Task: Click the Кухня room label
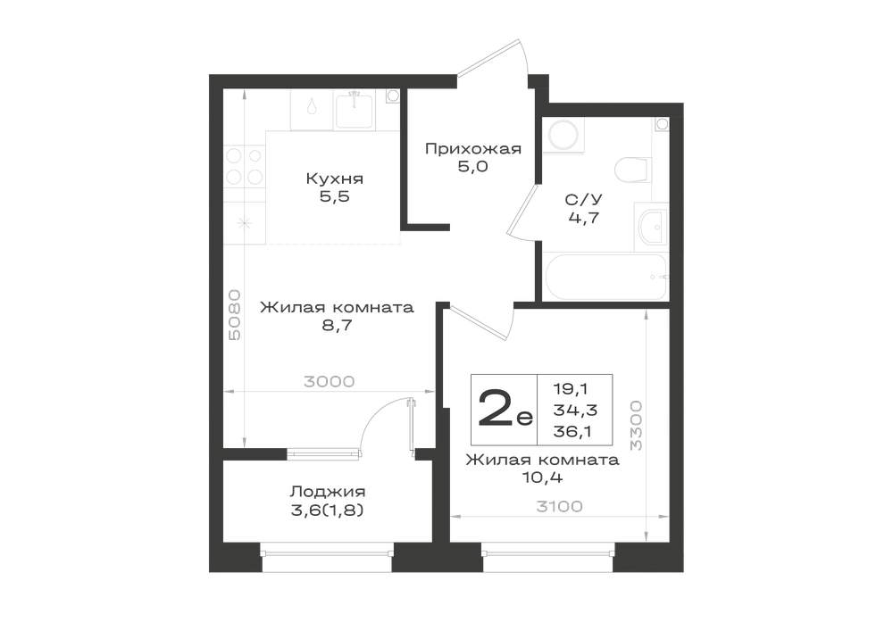334,179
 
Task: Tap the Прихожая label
473,149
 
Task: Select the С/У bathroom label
584,199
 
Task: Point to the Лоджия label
328,492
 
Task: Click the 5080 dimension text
234,315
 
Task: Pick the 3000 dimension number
330,381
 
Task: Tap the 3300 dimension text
636,426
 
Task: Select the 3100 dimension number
559,506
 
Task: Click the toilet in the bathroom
632,169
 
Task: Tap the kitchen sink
354,111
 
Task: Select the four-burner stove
245,166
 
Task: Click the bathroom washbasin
652,228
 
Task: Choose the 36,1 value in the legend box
572,431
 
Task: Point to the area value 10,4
542,477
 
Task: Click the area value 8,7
337,326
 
